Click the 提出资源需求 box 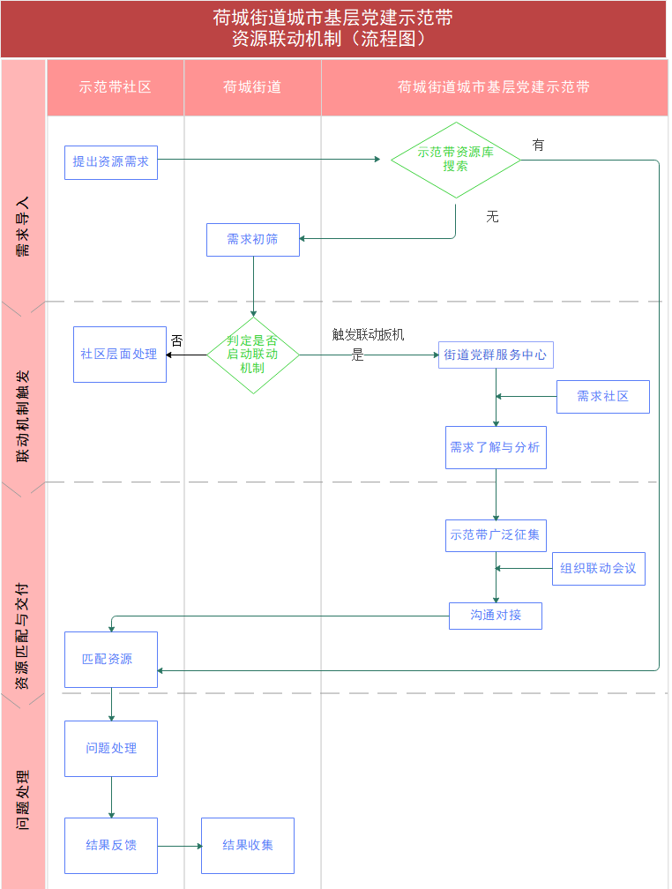pyautogui.click(x=110, y=162)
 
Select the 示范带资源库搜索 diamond pyautogui.click(x=455, y=160)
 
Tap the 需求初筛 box pyautogui.click(x=253, y=240)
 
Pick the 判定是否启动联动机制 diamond pyautogui.click(x=253, y=355)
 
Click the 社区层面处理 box pyautogui.click(x=120, y=355)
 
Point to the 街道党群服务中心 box pyautogui.click(x=496, y=355)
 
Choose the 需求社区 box pyautogui.click(x=603, y=397)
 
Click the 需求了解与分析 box pyautogui.click(x=496, y=447)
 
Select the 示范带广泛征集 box pyautogui.click(x=496, y=535)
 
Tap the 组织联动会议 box pyautogui.click(x=598, y=569)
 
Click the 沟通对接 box pyautogui.click(x=495, y=616)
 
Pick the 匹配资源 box pyautogui.click(x=110, y=660)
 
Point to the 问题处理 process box pyautogui.click(x=110, y=749)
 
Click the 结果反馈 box pyautogui.click(x=110, y=845)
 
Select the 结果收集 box pyautogui.click(x=247, y=845)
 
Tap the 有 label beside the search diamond pyautogui.click(x=538, y=146)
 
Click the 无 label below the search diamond pyautogui.click(x=492, y=217)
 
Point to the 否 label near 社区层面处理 pyautogui.click(x=177, y=340)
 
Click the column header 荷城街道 pyautogui.click(x=252, y=86)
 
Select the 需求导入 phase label pyautogui.click(x=23, y=227)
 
